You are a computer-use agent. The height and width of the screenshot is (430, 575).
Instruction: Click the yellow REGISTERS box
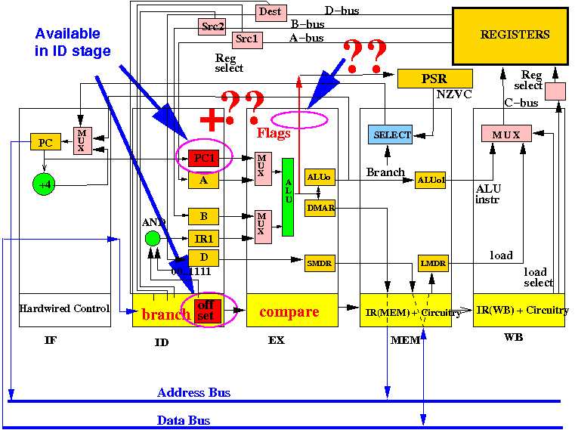pos(510,35)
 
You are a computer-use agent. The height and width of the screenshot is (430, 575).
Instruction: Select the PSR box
pos(434,78)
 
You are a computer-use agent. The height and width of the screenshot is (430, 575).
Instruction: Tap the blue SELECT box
pos(390,135)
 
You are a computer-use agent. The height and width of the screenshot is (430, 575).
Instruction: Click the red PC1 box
pos(203,159)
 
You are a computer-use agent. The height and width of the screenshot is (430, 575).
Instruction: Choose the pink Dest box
pos(271,11)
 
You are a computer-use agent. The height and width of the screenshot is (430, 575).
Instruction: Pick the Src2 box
pos(212,27)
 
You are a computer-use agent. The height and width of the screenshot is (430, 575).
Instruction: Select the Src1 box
pos(247,39)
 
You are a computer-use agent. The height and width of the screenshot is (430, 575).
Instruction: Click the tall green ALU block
pos(287,196)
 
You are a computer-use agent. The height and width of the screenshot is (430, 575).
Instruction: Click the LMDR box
pos(433,262)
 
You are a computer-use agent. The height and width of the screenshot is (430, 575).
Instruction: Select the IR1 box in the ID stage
pos(203,238)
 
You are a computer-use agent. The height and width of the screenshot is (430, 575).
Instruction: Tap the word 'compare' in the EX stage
pos(289,311)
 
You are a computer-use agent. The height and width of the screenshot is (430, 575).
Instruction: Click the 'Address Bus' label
pos(193,393)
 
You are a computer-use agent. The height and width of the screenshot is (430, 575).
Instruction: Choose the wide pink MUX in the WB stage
pos(506,134)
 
